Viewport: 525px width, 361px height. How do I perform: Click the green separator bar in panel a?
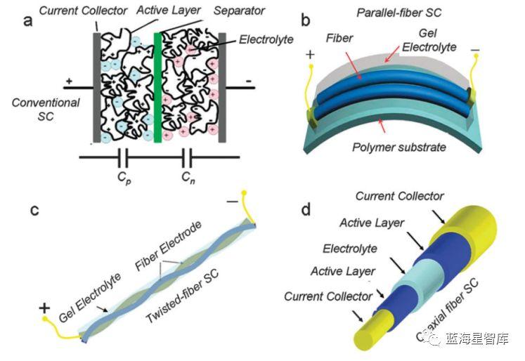pos(158,84)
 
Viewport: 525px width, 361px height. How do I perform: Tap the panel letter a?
pos(27,20)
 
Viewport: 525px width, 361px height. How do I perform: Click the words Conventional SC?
pos(40,110)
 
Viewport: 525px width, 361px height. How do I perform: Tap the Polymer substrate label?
pos(398,148)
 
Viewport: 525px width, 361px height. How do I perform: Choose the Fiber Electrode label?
pos(169,247)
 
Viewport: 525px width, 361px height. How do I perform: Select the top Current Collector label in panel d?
pos(401,196)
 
